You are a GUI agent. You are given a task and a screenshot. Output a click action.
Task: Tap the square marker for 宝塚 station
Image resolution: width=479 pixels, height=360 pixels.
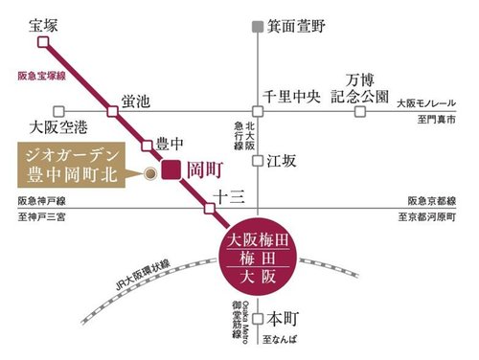pyautogui.click(x=49, y=40)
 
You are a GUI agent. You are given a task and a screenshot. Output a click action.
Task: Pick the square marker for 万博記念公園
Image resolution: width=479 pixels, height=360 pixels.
pyautogui.click(x=361, y=111)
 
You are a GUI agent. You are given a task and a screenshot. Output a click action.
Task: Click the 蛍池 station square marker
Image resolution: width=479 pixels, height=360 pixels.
pyautogui.click(x=113, y=111)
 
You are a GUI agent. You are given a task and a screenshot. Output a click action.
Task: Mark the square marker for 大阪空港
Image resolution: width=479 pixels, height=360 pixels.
pyautogui.click(x=59, y=111)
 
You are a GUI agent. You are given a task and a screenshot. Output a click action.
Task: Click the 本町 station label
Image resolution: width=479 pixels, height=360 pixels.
pyautogui.click(x=285, y=315)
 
